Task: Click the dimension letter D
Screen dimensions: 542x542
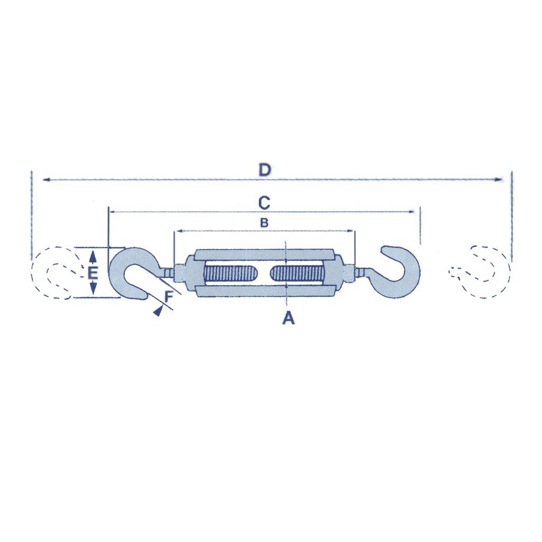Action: [265, 169]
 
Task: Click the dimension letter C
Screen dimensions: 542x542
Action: [265, 203]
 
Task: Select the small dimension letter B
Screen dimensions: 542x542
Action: [265, 222]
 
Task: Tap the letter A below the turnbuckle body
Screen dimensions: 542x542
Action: [289, 318]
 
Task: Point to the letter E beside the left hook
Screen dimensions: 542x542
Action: [94, 274]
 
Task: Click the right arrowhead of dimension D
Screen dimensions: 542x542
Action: [499, 180]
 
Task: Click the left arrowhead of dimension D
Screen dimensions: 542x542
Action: [46, 180]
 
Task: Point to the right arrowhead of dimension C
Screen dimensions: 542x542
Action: [411, 212]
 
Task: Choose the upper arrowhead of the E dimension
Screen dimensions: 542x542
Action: [93, 254]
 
